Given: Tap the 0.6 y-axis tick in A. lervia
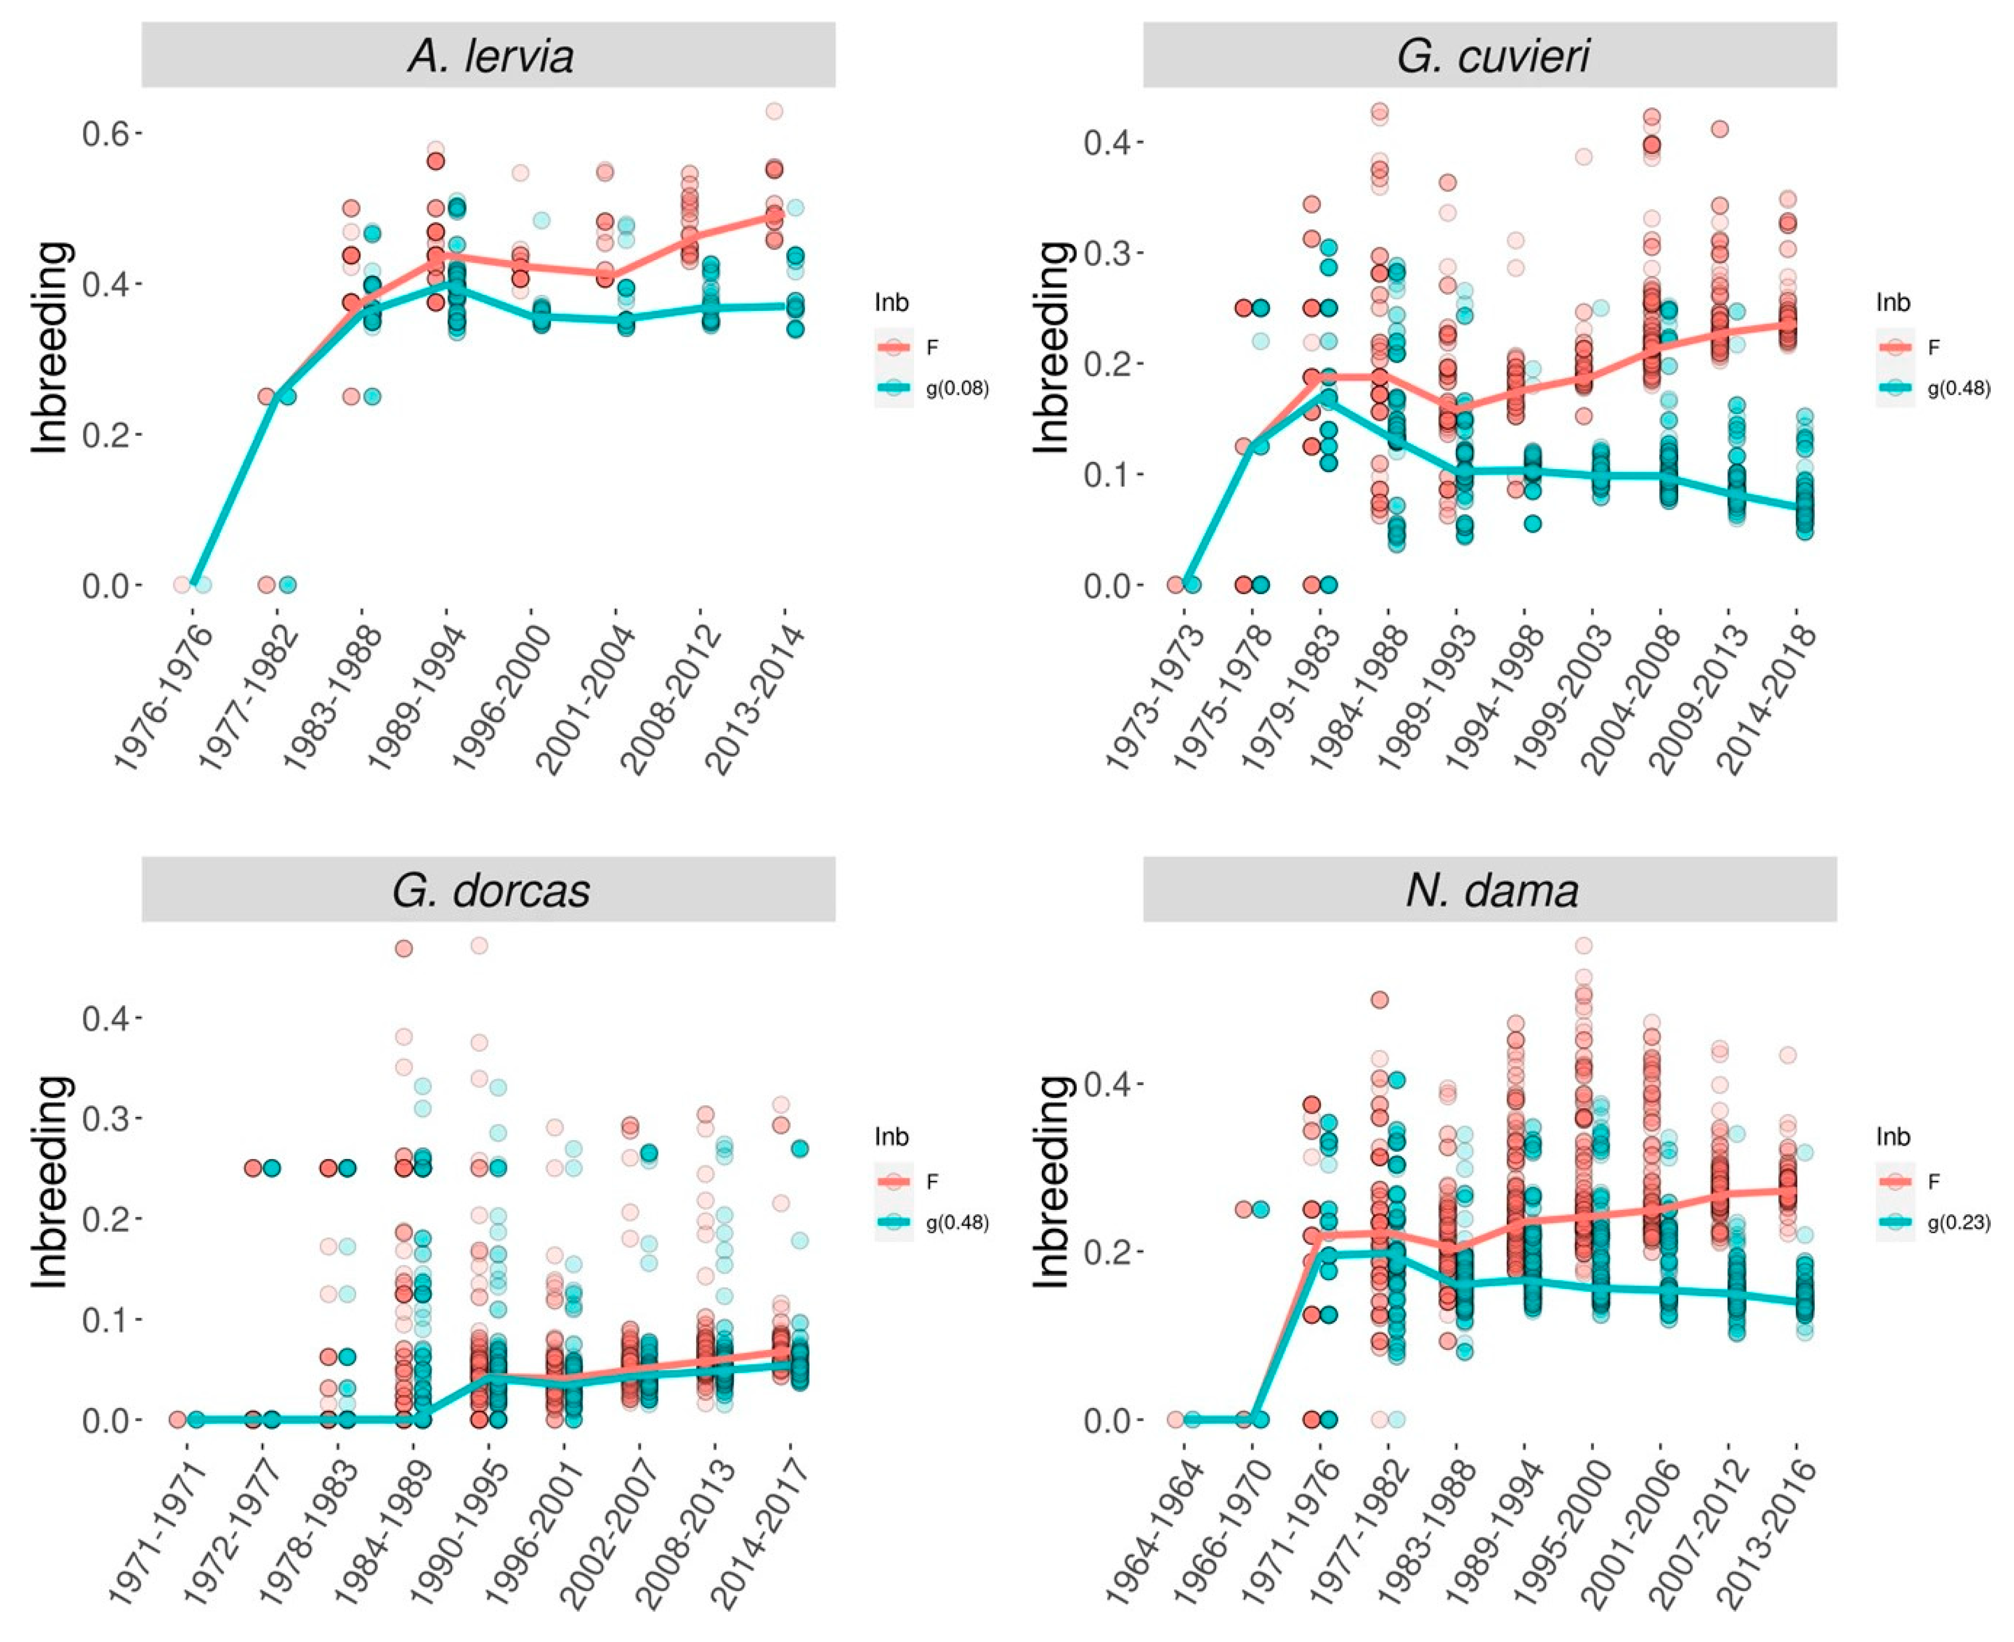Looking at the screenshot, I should pos(107,133).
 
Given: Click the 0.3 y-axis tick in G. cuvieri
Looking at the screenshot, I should pos(1109,252).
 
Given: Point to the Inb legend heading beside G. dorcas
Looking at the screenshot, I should pos(891,1137).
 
